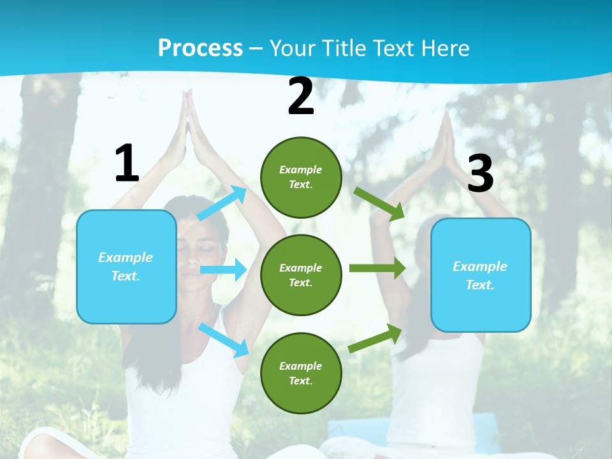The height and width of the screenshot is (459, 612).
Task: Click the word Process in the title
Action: click(200, 48)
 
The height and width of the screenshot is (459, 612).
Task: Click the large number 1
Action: click(127, 164)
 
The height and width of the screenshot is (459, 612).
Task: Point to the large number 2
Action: click(301, 96)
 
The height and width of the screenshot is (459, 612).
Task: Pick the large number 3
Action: click(480, 173)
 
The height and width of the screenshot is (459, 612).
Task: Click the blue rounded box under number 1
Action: click(126, 266)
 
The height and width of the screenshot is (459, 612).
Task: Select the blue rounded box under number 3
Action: click(481, 275)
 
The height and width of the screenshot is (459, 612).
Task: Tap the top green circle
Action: click(301, 177)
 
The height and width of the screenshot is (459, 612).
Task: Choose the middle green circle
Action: click(301, 275)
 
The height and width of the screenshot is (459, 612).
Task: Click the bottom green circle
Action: click(301, 374)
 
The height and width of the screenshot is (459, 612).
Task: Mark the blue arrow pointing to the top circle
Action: click(222, 203)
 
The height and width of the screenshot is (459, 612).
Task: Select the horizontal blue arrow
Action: click(223, 270)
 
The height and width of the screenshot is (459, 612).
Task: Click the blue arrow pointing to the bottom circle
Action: click(224, 339)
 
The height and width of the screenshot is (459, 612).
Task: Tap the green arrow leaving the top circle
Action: click(379, 203)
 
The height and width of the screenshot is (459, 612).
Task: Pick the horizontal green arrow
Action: click(377, 268)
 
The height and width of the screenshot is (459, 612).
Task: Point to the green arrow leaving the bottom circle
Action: click(375, 339)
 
